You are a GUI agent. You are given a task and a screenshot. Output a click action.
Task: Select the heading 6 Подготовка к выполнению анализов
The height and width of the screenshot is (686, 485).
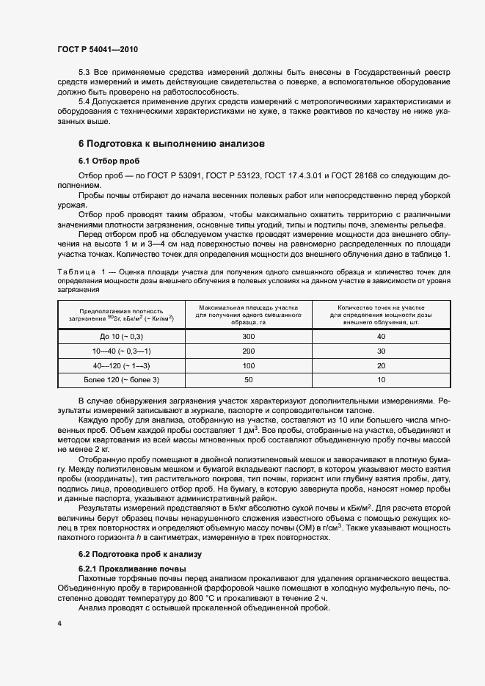click(167, 143)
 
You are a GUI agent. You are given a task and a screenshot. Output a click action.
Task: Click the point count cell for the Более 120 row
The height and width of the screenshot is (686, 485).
click(380, 379)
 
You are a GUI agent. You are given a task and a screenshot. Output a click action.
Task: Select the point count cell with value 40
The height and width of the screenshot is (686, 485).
click(380, 336)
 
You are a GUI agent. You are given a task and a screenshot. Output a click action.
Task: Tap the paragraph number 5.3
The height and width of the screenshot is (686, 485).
click(84, 72)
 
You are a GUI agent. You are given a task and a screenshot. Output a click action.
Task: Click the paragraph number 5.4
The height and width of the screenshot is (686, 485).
click(84, 101)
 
